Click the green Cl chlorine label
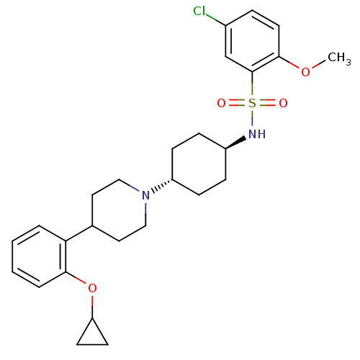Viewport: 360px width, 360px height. [x=199, y=11]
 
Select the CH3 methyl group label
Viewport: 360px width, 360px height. [x=339, y=58]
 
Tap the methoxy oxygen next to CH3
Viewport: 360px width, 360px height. [x=305, y=72]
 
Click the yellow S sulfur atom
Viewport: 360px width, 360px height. [x=252, y=103]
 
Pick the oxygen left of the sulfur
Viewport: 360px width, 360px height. [x=221, y=103]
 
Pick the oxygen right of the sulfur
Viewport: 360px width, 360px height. [x=283, y=103]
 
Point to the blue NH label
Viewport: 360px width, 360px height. [x=257, y=134]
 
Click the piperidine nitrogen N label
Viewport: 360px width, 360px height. [x=145, y=195]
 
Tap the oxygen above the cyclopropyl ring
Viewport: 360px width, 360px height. [x=92, y=288]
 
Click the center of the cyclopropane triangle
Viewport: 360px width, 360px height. [x=92, y=336]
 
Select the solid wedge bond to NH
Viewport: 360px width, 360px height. [x=236, y=143]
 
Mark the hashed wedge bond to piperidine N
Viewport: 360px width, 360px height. [x=162, y=186]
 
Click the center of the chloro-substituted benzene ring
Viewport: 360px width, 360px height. [x=252, y=41]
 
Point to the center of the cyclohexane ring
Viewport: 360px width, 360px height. [x=199, y=164]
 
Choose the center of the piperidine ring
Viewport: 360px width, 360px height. [x=119, y=210]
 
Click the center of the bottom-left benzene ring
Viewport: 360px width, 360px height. [x=39, y=256]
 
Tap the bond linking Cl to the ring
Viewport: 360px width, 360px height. [x=215, y=20]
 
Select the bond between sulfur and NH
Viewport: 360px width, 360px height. [x=252, y=118]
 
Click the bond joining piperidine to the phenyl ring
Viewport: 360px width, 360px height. [x=79, y=233]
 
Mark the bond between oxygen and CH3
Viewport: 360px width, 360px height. [x=318, y=64]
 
